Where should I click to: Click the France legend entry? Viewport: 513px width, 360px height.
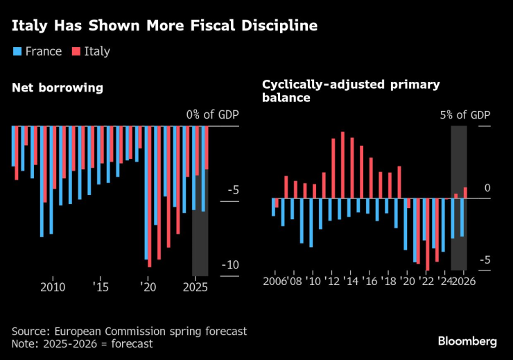click(x=37, y=51)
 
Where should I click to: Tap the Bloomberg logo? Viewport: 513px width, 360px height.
click(x=467, y=341)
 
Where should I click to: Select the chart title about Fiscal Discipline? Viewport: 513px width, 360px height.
click(x=164, y=26)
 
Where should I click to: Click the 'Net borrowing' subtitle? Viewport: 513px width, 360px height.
click(x=58, y=88)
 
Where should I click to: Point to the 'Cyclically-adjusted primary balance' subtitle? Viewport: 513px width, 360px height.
click(x=351, y=91)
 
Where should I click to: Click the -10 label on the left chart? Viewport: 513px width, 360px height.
click(x=230, y=265)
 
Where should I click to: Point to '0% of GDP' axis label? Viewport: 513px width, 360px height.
click(x=212, y=114)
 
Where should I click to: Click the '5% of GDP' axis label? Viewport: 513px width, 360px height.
click(x=464, y=114)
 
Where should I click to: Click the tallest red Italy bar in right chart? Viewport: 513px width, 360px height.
click(x=342, y=165)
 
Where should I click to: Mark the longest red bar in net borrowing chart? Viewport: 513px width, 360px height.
click(x=149, y=196)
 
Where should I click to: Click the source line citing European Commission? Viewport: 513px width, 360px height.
click(x=129, y=332)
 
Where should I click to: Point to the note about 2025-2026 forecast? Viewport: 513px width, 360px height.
click(x=82, y=343)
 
